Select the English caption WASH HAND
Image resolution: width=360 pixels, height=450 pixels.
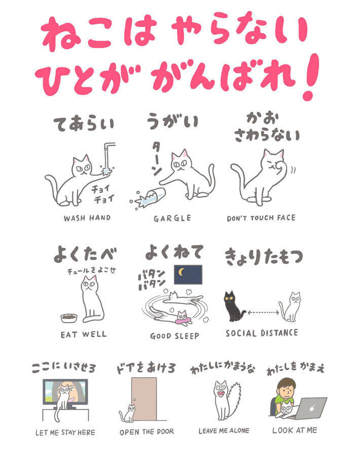point(87,218)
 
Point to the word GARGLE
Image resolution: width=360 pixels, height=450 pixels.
point(172,218)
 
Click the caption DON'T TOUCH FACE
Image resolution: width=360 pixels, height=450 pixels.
point(261,218)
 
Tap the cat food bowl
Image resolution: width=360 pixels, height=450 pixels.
point(69,318)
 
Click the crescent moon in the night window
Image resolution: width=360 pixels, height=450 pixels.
point(181,271)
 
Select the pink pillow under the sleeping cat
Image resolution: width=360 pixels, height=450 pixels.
point(184,320)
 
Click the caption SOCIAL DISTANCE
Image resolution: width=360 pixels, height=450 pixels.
point(262,333)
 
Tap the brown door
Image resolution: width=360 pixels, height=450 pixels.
point(144,399)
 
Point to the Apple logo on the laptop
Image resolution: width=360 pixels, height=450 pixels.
point(312,408)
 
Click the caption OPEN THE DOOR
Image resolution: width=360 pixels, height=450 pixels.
point(147,432)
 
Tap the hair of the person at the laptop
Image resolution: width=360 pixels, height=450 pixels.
point(285,383)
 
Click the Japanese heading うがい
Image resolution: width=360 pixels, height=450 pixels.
point(172,121)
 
